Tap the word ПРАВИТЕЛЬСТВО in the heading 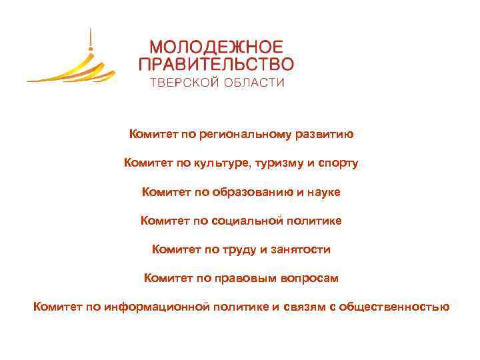[x=215, y=65]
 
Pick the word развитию [x=327, y=135]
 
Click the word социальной [x=248, y=221]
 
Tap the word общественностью [x=394, y=307]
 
